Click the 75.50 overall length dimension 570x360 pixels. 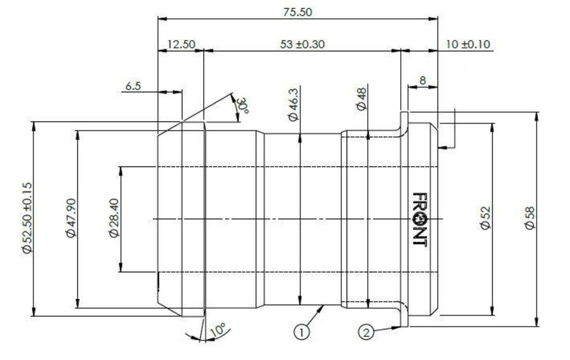tap(297, 12)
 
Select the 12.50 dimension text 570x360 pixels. tap(181, 45)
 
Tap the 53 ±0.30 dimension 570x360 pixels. tap(302, 45)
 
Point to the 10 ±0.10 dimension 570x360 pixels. tap(468, 45)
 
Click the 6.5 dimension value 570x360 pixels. tap(132, 86)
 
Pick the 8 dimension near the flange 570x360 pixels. tap(422, 80)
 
